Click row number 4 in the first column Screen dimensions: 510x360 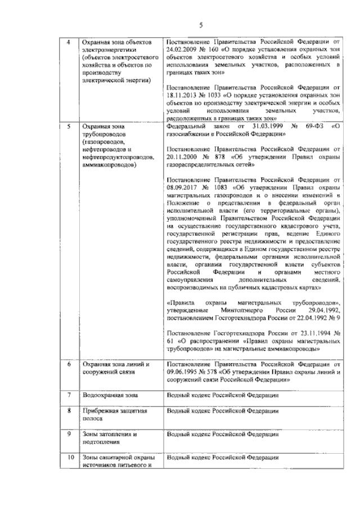tap(69, 43)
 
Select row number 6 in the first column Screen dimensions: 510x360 tap(69, 365)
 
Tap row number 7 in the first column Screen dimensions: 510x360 tap(69, 395)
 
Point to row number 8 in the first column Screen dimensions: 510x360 tap(69, 411)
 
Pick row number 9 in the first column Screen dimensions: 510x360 tap(69, 434)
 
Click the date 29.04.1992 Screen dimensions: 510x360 tap(320, 311)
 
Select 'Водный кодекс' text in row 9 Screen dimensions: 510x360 tap(191, 434)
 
